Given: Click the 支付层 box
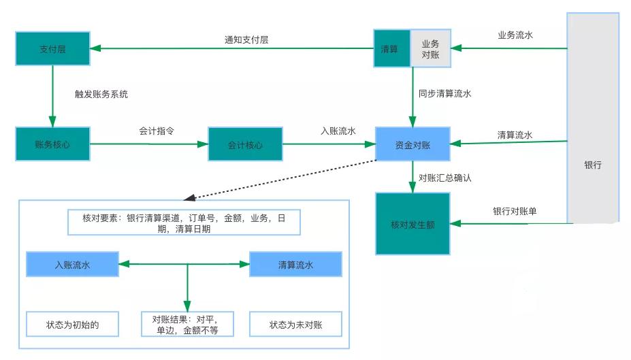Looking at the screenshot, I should coord(52,49).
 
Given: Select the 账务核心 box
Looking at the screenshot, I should coord(52,144).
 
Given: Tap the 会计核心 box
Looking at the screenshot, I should coord(245,144).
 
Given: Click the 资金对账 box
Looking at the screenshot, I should coord(412,144).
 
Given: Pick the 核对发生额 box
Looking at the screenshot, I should coord(412,224).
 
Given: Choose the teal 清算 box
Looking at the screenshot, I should coord(391,48).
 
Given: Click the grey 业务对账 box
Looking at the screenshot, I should coord(430,48).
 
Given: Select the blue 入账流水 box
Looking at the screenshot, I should coord(72,265).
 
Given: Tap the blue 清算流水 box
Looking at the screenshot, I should coord(295,265).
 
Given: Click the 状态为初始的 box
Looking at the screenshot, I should coord(72,324).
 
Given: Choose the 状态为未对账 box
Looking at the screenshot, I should coord(295,325).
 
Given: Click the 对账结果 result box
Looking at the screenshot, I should coord(188,325).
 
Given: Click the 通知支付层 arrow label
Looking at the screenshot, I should coord(246,39).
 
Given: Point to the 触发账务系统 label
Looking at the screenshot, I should coord(101,94).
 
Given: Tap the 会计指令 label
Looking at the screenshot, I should coord(157,131).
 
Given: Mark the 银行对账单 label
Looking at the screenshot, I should coord(515,211).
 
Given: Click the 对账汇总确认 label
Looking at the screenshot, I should coord(445,178).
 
